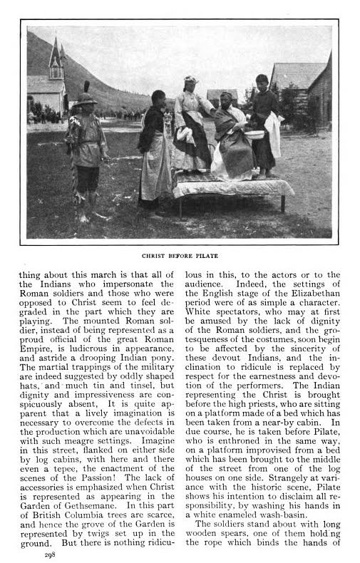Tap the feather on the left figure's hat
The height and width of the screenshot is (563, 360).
pos(87,87)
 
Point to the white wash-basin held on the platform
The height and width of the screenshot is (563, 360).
pos(254,134)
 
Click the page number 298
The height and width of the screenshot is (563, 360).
pos(49,553)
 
